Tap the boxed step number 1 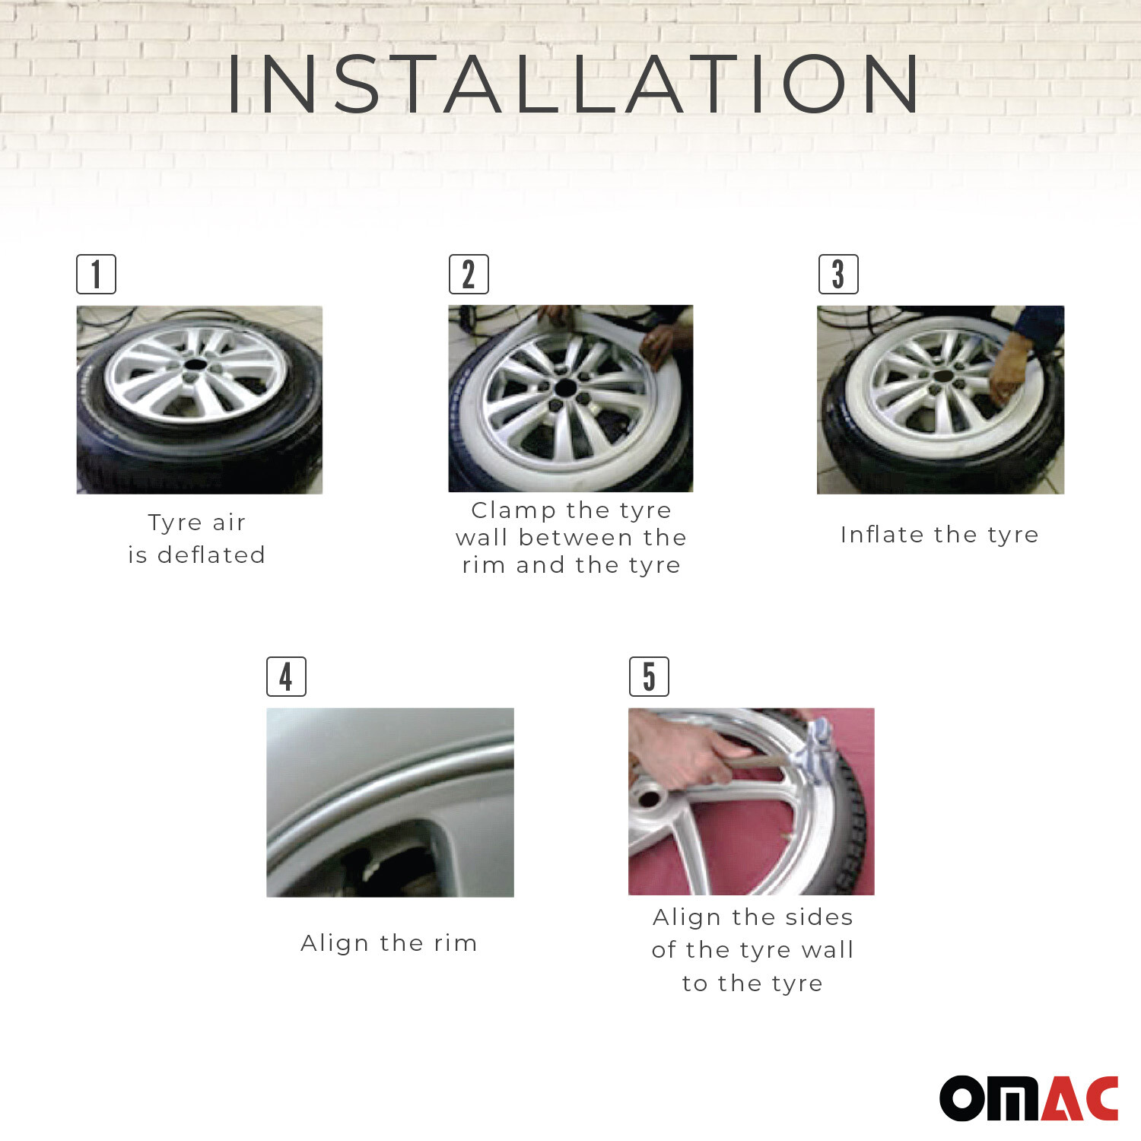tap(96, 275)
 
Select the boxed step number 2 tap(469, 275)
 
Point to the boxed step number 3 tap(838, 275)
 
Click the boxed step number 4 tap(286, 676)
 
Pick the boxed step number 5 tap(649, 676)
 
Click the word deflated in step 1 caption tap(211, 555)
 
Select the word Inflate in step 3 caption tap(882, 535)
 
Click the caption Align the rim tap(389, 943)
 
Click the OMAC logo tap(1028, 1098)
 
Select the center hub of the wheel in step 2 tap(565, 388)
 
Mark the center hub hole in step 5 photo tap(649, 799)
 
